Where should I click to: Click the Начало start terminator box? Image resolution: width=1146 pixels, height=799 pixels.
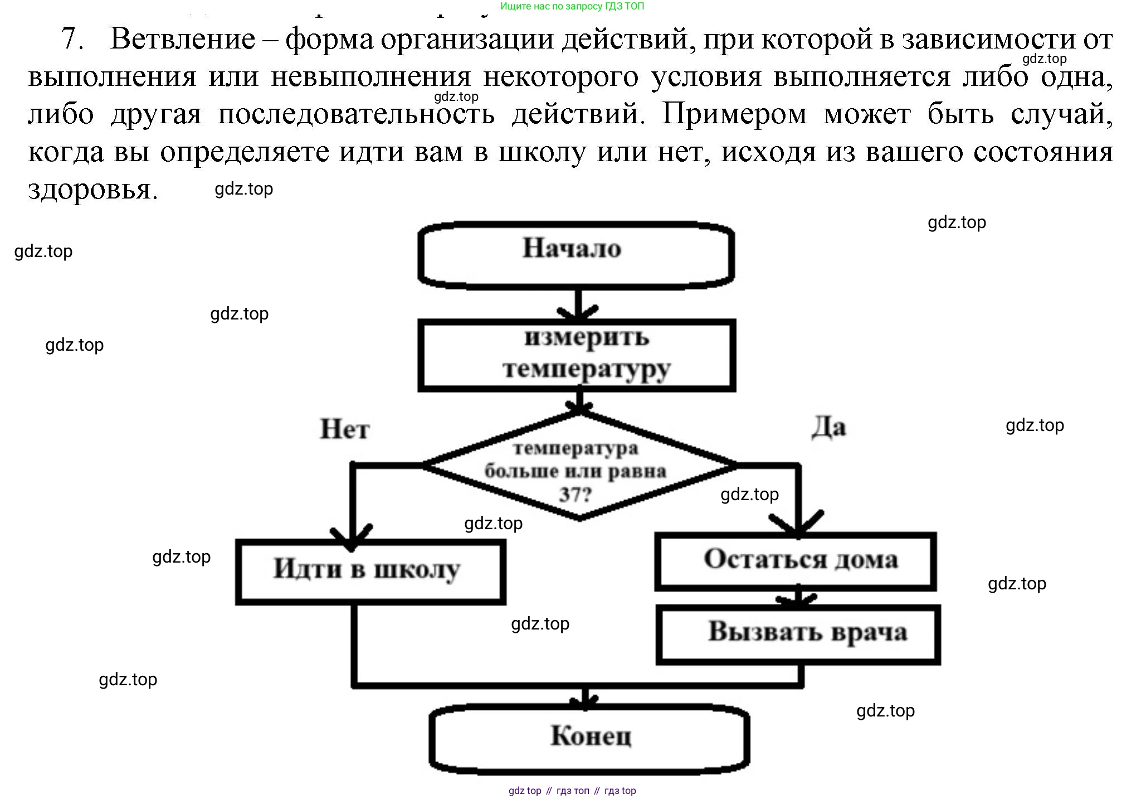click(576, 254)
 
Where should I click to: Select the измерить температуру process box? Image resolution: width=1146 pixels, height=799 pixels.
click(577, 355)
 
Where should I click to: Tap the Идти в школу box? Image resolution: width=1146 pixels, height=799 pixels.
click(370, 571)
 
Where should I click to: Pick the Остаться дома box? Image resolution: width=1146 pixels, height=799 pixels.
click(796, 561)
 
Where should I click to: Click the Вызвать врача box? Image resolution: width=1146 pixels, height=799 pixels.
click(799, 634)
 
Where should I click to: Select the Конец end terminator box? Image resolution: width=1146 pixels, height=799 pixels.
click(589, 737)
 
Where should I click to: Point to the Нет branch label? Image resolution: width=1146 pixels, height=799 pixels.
click(344, 429)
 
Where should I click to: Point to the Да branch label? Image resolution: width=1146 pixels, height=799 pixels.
click(828, 428)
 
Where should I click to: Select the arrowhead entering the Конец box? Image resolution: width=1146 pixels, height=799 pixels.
click(585, 701)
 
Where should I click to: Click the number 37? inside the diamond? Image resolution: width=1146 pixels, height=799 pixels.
click(575, 494)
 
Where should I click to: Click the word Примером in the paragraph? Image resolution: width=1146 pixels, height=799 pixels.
click(734, 114)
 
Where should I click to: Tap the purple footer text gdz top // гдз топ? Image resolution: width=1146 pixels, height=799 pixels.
click(572, 791)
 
